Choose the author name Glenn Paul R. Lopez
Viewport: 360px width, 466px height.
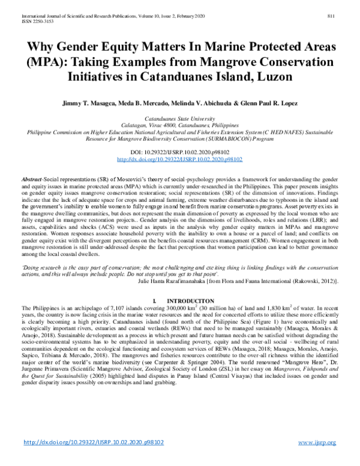[269, 103]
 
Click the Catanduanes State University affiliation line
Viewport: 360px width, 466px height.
[179, 120]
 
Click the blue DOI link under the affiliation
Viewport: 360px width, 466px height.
[179, 160]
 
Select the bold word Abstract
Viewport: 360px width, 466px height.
[31, 180]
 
